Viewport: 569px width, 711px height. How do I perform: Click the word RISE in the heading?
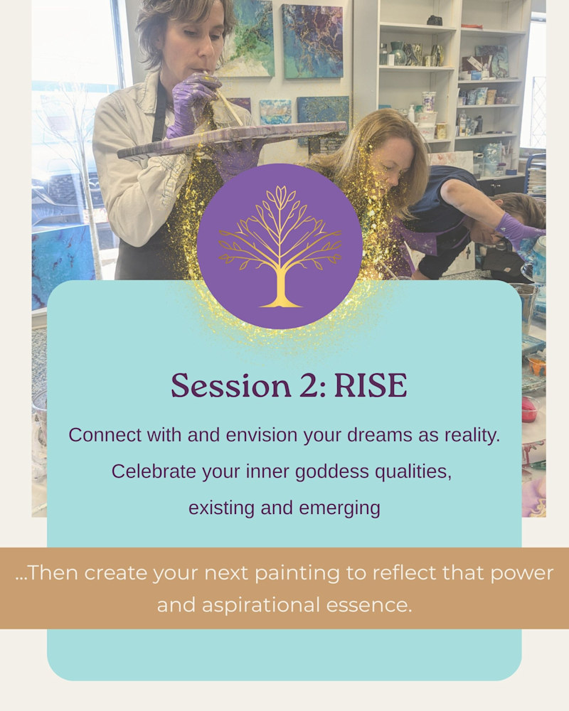(x=371, y=386)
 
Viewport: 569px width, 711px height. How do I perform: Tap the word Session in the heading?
(x=231, y=386)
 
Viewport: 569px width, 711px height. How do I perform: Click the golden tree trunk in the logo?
(x=281, y=286)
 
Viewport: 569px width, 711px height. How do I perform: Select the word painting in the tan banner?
(x=297, y=574)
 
